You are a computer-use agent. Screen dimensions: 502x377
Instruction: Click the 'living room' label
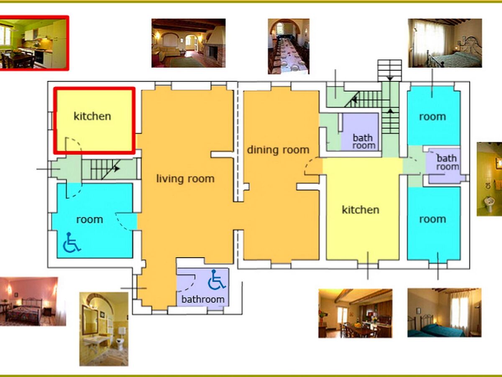click(185, 179)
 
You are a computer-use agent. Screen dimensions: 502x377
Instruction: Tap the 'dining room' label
click(278, 150)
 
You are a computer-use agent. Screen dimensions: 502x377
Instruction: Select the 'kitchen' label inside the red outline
click(92, 116)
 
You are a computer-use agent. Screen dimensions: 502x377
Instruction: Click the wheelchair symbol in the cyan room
click(72, 243)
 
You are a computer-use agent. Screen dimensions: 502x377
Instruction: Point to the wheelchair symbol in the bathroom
click(216, 279)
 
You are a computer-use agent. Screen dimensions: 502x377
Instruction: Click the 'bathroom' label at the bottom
click(203, 300)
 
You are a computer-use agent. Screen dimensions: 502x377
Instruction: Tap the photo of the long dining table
click(289, 46)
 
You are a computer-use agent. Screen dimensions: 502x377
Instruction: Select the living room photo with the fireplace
click(188, 43)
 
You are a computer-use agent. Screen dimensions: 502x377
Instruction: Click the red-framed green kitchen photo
click(33, 43)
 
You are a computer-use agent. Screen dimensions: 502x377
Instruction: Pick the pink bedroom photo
click(33, 302)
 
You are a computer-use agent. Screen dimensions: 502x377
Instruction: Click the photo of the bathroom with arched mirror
click(104, 329)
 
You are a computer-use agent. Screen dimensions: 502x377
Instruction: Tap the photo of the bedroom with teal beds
click(444, 312)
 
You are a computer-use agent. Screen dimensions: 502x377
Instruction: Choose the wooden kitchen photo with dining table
click(355, 313)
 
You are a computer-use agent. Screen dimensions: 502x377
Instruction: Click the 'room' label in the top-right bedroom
click(433, 117)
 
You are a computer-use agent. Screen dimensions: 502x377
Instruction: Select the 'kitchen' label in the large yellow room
click(361, 210)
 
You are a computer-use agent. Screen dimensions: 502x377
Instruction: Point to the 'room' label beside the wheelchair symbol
click(90, 219)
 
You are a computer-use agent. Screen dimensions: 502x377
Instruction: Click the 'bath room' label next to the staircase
click(364, 142)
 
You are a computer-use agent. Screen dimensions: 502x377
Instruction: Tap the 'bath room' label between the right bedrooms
click(447, 162)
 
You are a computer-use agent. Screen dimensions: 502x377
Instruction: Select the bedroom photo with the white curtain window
click(445, 43)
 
